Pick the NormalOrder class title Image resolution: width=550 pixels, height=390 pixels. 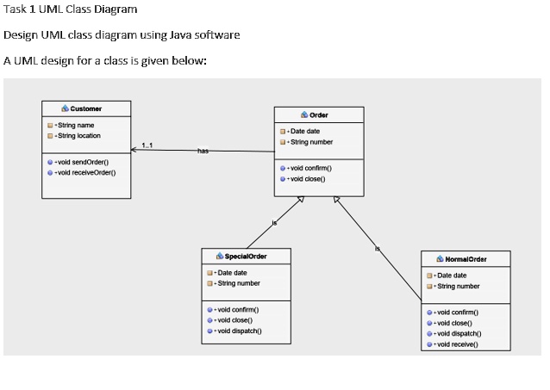tap(466, 258)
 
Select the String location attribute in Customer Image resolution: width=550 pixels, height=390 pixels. tap(78, 135)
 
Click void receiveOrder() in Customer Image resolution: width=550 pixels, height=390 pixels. tap(86, 172)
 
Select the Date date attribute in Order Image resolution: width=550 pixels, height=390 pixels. tap(305, 131)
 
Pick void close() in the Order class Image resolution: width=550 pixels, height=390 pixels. tap(309, 178)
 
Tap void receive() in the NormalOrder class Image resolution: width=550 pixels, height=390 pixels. tap(457, 343)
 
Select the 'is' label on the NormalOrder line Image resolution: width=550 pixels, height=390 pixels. tap(377, 249)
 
